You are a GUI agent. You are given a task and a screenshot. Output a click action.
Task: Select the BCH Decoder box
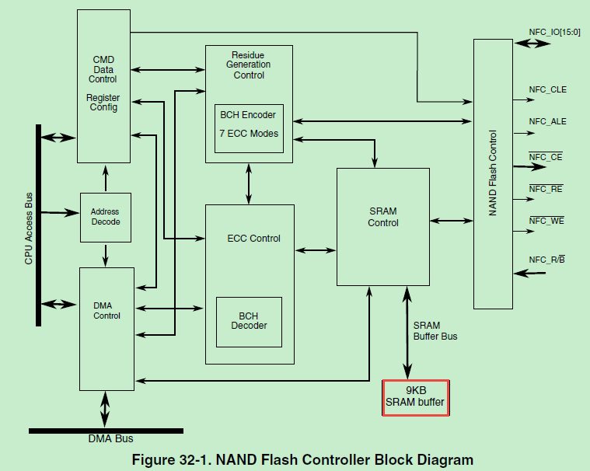point(249,321)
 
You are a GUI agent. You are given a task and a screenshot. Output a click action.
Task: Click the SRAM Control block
point(382,217)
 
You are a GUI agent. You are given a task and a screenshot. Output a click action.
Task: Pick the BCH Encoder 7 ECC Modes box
point(249,124)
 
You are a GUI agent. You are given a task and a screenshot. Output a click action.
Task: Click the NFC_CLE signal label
point(547,89)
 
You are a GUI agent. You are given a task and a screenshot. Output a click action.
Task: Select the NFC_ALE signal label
point(547,121)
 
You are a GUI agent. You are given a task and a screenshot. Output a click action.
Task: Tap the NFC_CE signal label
point(546,157)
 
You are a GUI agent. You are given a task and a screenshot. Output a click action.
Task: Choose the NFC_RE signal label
point(546,189)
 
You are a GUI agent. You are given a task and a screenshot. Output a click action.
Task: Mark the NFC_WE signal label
point(546,221)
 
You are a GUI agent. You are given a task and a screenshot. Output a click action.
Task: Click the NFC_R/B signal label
point(546,260)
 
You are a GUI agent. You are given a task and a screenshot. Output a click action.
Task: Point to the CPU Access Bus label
point(29,225)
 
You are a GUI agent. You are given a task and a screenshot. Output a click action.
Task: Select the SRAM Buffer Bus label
point(435,331)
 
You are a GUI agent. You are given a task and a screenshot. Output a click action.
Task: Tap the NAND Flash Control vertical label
point(493,175)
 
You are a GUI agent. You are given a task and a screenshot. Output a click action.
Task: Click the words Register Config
point(103,103)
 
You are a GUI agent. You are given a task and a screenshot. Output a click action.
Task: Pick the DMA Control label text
point(106,311)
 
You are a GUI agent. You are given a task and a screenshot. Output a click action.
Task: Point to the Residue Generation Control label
point(249,65)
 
